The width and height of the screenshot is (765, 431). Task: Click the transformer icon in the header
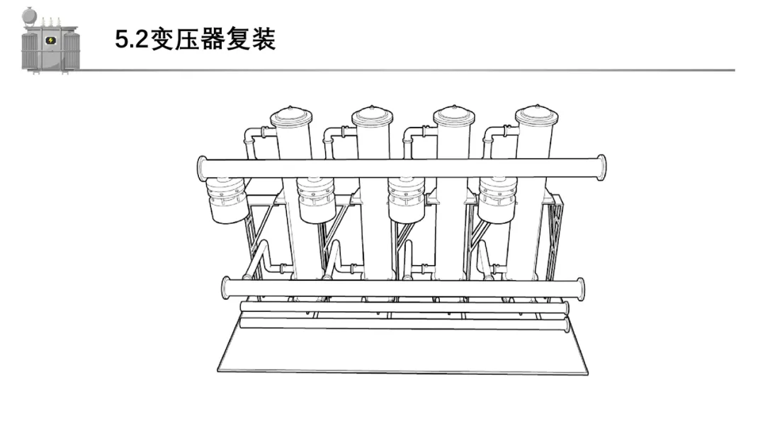(x=49, y=40)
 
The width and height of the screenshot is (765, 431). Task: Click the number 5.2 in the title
(x=132, y=40)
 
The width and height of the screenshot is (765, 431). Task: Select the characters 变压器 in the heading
(x=186, y=40)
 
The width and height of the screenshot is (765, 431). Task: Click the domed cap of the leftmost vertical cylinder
(x=291, y=116)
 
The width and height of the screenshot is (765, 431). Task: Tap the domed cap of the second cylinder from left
(x=373, y=116)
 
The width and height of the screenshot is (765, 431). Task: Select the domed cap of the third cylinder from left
(x=454, y=116)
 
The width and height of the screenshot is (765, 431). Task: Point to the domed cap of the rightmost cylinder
(x=535, y=116)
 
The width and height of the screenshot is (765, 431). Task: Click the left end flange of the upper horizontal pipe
(x=202, y=168)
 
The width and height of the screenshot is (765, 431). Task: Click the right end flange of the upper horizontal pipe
(x=601, y=168)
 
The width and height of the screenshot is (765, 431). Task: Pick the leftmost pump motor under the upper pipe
(x=227, y=200)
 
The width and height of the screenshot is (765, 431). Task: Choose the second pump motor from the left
(x=316, y=200)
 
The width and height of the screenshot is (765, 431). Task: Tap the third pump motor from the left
(x=406, y=200)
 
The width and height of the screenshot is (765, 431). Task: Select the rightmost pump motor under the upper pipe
(x=497, y=200)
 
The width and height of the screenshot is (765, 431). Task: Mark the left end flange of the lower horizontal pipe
(x=227, y=288)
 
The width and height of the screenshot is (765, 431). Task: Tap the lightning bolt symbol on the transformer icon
(x=50, y=40)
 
